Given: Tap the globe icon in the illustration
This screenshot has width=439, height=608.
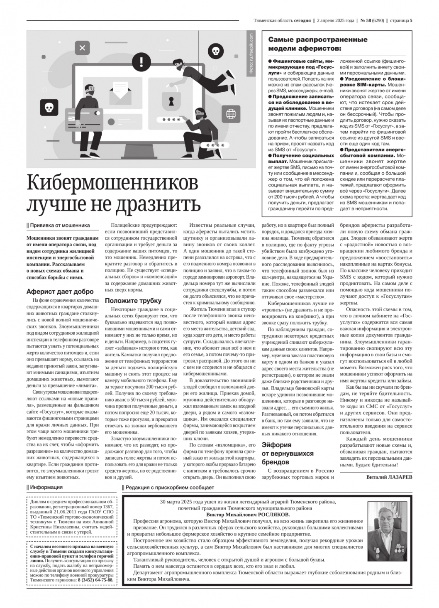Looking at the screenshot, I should pyautogui.click(x=230, y=113).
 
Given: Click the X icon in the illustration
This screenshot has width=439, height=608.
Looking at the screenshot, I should pyautogui.click(x=82, y=48).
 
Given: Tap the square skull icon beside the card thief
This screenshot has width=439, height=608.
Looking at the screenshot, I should pyautogui.click(x=49, y=108).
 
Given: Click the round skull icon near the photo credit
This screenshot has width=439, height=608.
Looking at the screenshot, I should pyautogui.click(x=215, y=51).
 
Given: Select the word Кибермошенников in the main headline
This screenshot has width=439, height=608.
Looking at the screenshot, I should pyautogui.click(x=112, y=183).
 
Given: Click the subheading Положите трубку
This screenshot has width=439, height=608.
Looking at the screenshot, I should pyautogui.click(x=133, y=300).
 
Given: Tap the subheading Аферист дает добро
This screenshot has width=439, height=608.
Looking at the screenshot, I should pyautogui.click(x=60, y=292).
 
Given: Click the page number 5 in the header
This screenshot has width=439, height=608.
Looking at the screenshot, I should pyautogui.click(x=411, y=20).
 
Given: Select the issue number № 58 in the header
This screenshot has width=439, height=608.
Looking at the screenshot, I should pyautogui.click(x=366, y=20).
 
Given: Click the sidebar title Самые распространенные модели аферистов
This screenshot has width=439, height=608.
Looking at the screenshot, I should pyautogui.click(x=318, y=44).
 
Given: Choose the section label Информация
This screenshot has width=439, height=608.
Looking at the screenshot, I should pyautogui.click(x=46, y=487).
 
